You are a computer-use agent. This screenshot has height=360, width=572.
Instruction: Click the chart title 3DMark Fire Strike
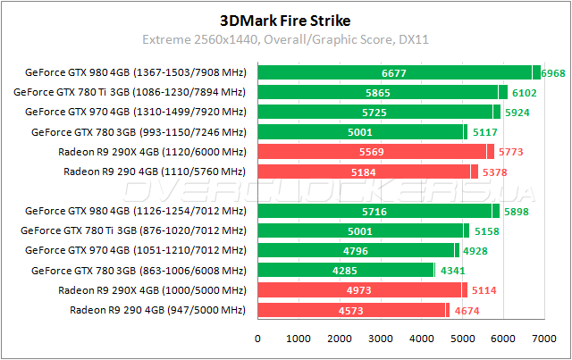point(285,19)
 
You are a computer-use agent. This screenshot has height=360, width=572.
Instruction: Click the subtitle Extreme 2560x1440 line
point(285,39)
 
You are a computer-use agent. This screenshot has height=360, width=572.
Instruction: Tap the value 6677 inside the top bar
point(394,72)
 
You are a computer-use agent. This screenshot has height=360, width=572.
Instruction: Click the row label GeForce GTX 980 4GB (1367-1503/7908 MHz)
point(136,72)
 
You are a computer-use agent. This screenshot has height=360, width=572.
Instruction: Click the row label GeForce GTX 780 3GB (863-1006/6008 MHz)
point(139,270)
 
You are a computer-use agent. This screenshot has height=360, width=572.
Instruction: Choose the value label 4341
point(453,270)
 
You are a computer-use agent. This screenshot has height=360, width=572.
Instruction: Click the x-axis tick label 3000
point(380,339)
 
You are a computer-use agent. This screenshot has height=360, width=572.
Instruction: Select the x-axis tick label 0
point(258,339)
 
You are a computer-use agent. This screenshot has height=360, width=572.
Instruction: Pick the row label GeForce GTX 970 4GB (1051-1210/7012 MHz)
point(136,250)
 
